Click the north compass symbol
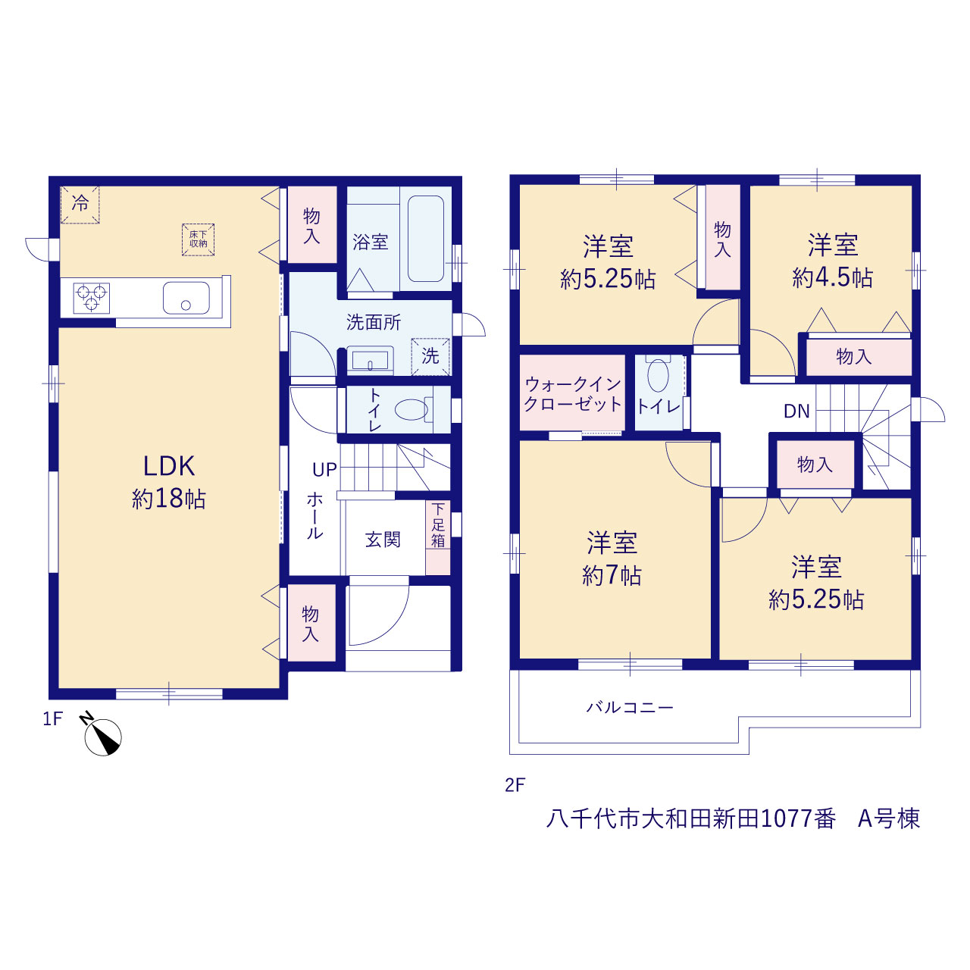[102, 736]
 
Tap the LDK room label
[169, 466]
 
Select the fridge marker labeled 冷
[80, 205]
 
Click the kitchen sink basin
[186, 298]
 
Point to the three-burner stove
[92, 298]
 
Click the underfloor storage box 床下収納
[199, 239]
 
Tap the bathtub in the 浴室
[425, 239]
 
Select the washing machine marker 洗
[430, 356]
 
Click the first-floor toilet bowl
[411, 410]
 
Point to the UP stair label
[324, 470]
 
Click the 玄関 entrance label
[383, 540]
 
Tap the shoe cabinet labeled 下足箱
[438, 537]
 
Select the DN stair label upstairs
[796, 411]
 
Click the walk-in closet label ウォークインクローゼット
[573, 394]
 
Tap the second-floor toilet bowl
[658, 375]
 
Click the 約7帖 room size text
[612, 575]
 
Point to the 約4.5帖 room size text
[833, 277]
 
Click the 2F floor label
[515, 785]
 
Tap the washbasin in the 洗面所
[371, 361]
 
